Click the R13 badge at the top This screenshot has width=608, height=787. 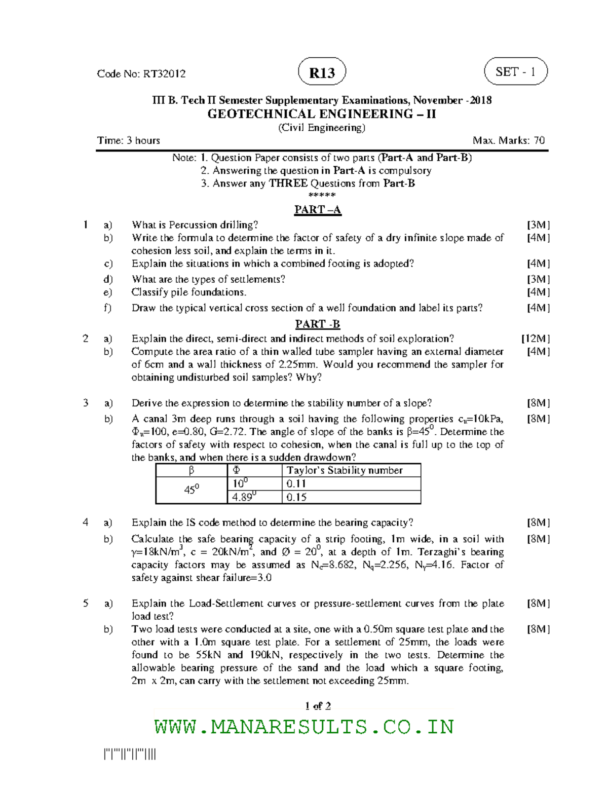coord(322,72)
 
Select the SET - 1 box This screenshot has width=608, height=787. coord(516,72)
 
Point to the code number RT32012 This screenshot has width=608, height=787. coord(164,74)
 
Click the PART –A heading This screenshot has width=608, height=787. coord(318,210)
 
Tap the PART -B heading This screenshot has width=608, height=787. coord(318,324)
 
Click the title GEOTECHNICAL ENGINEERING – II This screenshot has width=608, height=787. coord(321,114)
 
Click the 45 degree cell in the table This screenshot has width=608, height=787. coord(191,490)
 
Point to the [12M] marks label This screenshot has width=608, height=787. coord(536,339)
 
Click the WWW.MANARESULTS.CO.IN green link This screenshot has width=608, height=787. coord(304,727)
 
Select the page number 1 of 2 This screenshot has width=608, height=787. coord(318,705)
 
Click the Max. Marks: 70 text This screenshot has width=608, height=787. coord(508,140)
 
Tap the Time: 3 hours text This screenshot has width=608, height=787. coord(129,140)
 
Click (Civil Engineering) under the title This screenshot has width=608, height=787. coord(321,128)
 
